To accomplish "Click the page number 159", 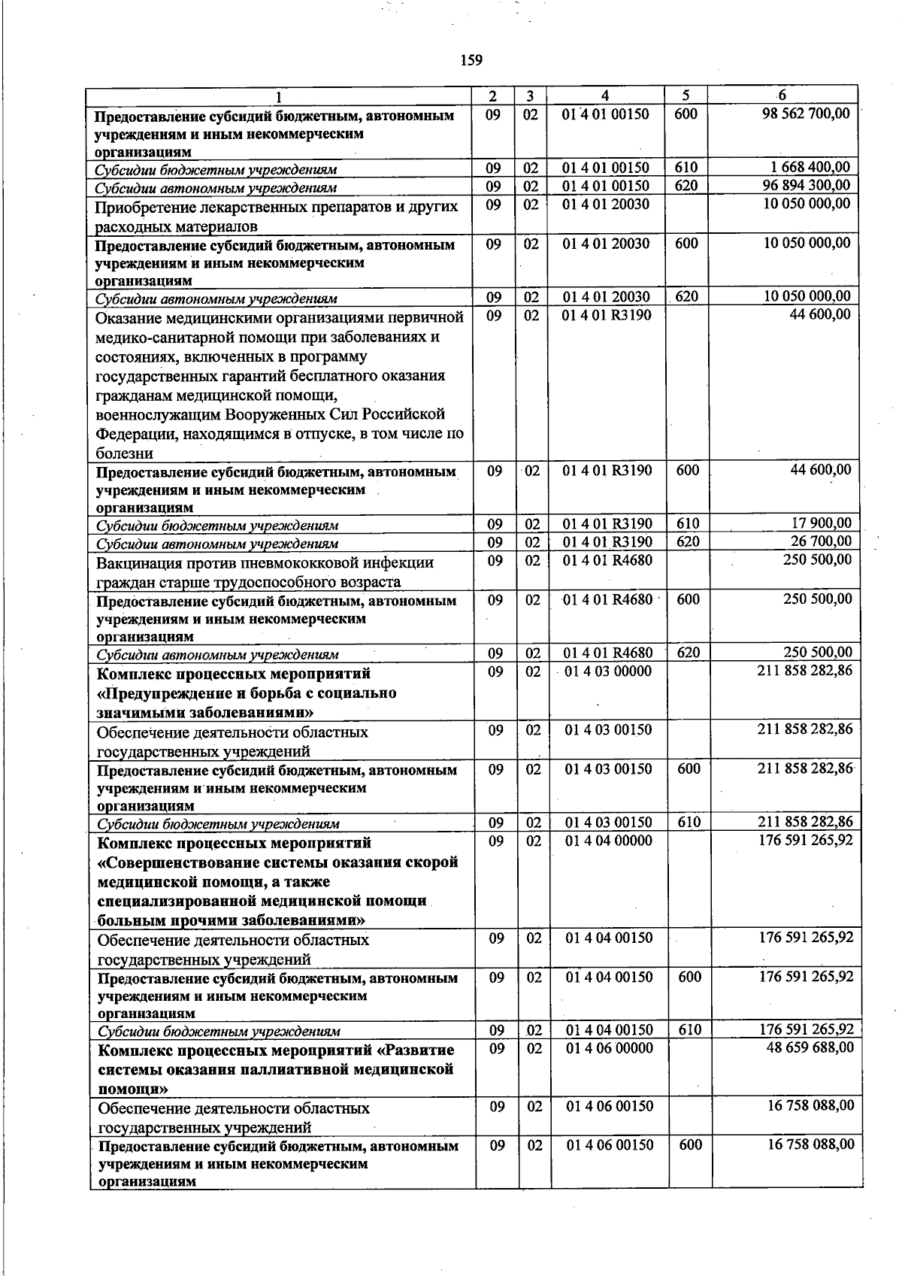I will [471, 60].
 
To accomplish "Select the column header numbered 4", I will [605, 96].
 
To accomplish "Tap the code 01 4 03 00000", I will [608, 671].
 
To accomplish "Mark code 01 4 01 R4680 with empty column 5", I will [608, 560].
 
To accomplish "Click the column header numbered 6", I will [782, 95].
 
